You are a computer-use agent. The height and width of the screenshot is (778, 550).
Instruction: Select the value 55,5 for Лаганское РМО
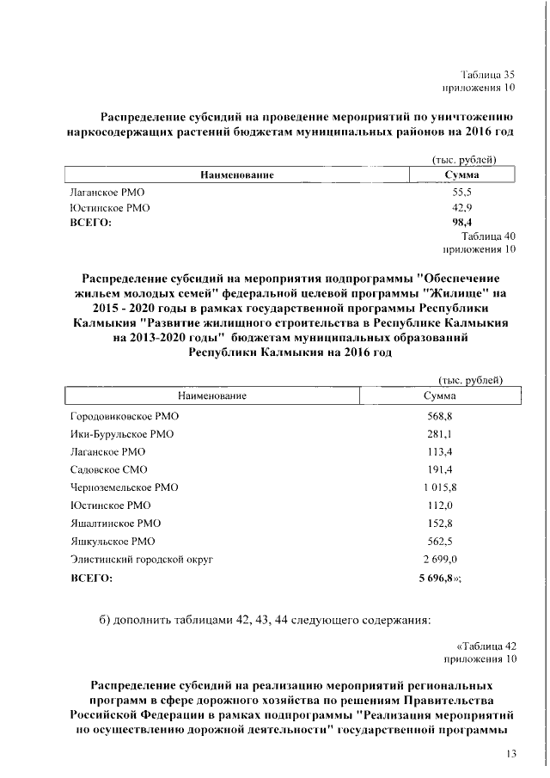click(x=462, y=195)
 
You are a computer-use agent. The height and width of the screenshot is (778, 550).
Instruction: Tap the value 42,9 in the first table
click(x=462, y=208)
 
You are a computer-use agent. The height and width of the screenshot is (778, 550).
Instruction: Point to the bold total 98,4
click(x=462, y=222)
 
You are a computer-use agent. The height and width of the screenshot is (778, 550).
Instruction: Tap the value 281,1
click(x=440, y=434)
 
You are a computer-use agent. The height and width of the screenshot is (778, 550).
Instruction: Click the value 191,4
click(x=440, y=469)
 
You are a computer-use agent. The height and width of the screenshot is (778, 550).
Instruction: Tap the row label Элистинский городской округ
click(x=141, y=559)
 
